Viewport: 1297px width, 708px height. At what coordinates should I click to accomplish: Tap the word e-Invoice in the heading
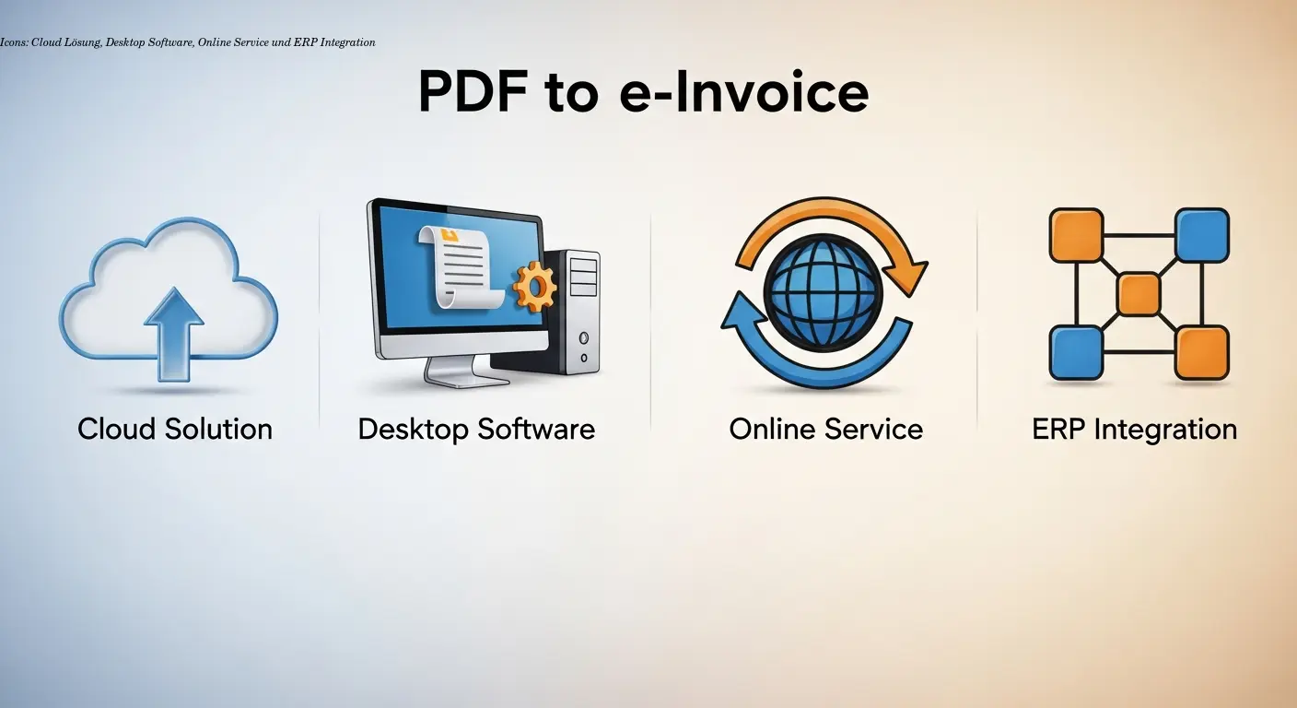click(743, 91)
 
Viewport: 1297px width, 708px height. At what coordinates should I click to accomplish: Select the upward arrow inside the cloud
click(174, 332)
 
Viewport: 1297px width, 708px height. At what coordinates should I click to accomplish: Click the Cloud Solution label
click(175, 429)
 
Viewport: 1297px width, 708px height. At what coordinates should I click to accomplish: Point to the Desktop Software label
click(476, 429)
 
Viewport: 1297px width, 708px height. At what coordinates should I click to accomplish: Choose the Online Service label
click(825, 429)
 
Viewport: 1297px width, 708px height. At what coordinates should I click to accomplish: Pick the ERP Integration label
click(1134, 429)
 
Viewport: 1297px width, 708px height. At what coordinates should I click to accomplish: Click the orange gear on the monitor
click(534, 286)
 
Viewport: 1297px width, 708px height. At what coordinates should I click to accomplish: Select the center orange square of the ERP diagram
click(1139, 294)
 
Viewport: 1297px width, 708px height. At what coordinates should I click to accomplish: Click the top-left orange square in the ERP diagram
click(1076, 235)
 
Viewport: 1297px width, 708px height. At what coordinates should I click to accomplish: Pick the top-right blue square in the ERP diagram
click(1202, 235)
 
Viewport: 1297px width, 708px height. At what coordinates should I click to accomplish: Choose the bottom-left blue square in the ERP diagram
click(1076, 353)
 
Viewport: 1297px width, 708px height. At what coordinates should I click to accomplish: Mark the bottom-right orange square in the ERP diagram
click(1202, 353)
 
